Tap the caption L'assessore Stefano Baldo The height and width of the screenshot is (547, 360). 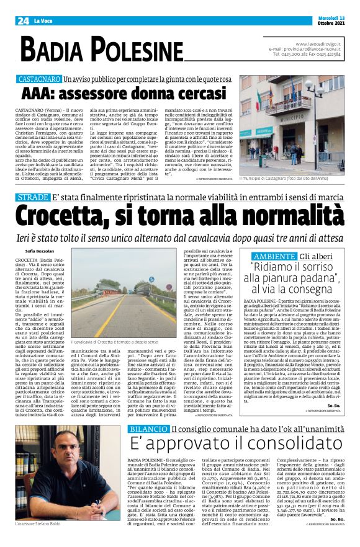[x=42, y=524]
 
